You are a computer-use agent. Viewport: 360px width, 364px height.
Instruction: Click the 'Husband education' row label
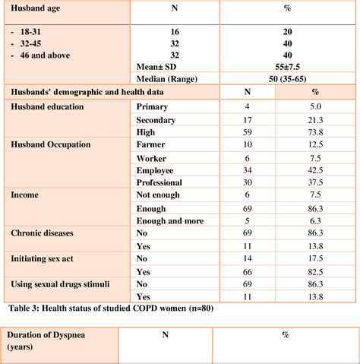tap(48, 107)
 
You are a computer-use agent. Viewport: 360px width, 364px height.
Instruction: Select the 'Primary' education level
tap(152, 107)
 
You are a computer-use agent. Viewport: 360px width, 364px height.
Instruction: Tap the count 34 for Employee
tap(245, 170)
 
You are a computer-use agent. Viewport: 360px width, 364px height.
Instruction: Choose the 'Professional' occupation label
tap(159, 182)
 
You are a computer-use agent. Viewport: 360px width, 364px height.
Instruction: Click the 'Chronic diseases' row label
tap(45, 233)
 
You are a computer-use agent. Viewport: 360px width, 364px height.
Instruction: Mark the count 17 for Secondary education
tap(245, 119)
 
